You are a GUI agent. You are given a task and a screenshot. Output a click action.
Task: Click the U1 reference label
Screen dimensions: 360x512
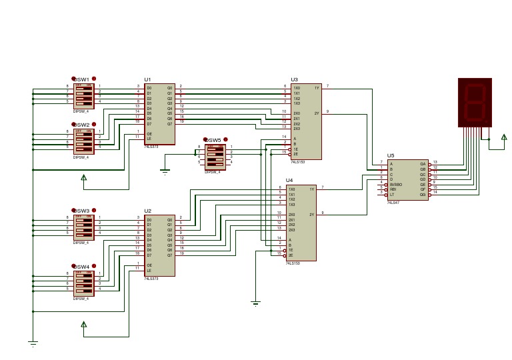[x=148, y=79]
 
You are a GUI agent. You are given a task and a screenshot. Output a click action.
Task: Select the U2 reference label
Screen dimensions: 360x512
[x=148, y=211]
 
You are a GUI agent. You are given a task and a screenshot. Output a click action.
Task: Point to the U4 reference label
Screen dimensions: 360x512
[x=289, y=181]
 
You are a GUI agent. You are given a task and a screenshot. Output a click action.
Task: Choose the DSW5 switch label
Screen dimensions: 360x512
[x=213, y=140]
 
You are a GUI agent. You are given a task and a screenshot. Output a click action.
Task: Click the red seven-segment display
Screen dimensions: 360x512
[x=475, y=102]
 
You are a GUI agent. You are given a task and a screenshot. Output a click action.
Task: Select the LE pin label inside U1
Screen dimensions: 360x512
[x=150, y=139]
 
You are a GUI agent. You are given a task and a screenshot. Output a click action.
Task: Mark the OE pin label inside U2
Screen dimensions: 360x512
[x=150, y=265]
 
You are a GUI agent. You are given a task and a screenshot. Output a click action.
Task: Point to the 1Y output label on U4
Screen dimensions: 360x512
[x=311, y=189]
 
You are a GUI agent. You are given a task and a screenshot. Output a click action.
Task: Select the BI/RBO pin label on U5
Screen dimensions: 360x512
[x=396, y=184]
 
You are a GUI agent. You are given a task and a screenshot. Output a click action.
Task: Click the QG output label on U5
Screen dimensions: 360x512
[x=423, y=194]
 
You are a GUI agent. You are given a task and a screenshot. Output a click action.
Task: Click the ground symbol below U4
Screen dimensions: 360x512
[x=254, y=303]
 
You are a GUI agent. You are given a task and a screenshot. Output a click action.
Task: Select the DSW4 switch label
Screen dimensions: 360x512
[x=81, y=267]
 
